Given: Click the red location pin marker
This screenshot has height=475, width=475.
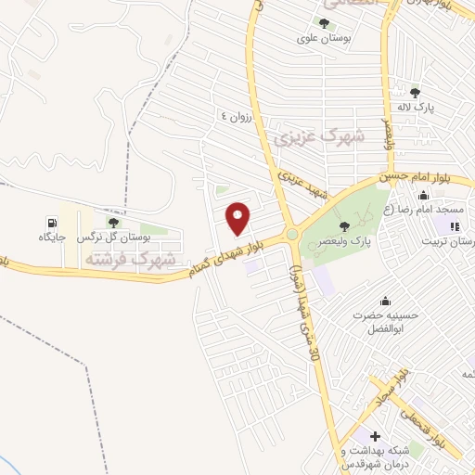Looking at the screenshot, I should click(x=238, y=218).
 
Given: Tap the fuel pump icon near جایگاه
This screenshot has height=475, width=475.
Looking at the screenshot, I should click(x=50, y=223).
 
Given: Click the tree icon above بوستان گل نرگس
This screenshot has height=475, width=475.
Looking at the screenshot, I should click(x=113, y=223).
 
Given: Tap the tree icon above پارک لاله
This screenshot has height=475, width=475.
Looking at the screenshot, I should click(x=415, y=92).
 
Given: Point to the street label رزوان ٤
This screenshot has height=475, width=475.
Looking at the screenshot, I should click(x=236, y=115).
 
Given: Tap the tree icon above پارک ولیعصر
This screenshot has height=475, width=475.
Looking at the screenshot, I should click(x=345, y=226).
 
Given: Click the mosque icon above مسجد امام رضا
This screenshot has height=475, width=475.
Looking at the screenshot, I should click(x=424, y=195).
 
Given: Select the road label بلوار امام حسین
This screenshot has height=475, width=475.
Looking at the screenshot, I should click(x=426, y=173).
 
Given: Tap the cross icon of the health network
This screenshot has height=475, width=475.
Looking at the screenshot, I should click(x=376, y=436).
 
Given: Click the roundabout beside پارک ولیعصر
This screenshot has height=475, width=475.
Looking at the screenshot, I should click(x=293, y=235).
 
